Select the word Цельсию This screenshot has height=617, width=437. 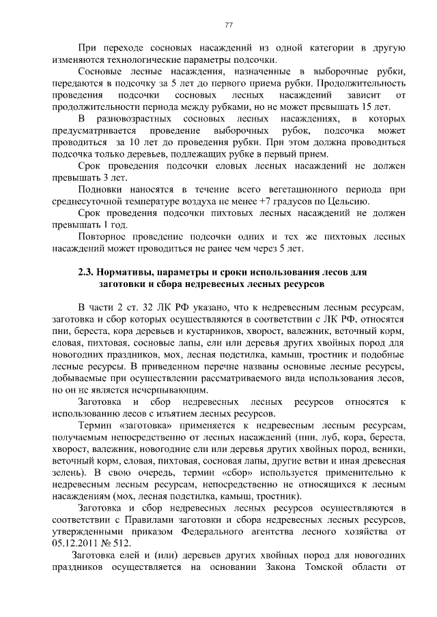(x=348, y=201)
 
